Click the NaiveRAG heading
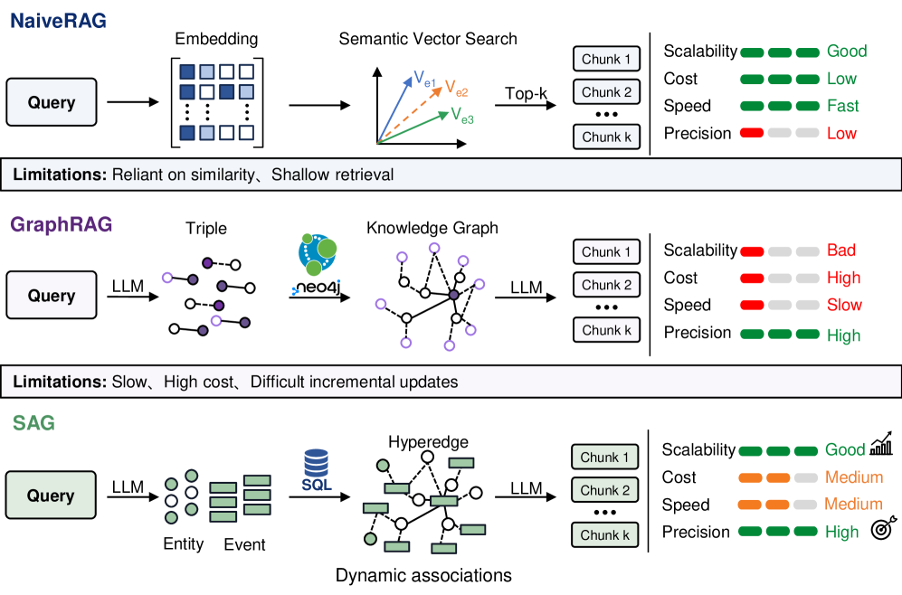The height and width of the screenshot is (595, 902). pyautogui.click(x=58, y=21)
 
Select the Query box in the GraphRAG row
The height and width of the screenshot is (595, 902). pyautogui.click(x=52, y=295)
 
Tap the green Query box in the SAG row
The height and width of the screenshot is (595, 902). pyautogui.click(x=51, y=495)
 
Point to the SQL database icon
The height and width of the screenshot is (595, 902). pyautogui.click(x=316, y=470)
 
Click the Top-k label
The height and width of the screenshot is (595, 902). pyautogui.click(x=526, y=93)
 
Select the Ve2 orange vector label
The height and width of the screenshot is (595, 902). pyautogui.click(x=456, y=89)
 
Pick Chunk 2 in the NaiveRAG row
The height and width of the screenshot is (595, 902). pyautogui.click(x=606, y=92)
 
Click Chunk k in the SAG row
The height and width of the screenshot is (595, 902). pyautogui.click(x=604, y=534)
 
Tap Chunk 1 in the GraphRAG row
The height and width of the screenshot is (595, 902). pyautogui.click(x=606, y=251)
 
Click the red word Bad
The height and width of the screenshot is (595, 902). pyautogui.click(x=841, y=250)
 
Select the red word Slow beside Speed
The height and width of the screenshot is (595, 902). pyautogui.click(x=844, y=305)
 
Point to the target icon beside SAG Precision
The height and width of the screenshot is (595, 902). pyautogui.click(x=884, y=527)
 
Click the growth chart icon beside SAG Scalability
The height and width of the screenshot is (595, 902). pyautogui.click(x=881, y=443)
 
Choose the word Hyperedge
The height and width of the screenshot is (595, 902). pyautogui.click(x=428, y=442)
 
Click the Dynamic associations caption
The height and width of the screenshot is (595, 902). pyautogui.click(x=423, y=575)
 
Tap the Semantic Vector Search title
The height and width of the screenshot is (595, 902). pyautogui.click(x=428, y=39)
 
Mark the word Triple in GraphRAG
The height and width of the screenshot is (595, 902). pyautogui.click(x=206, y=228)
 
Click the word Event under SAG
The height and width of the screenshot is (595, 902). pyautogui.click(x=244, y=544)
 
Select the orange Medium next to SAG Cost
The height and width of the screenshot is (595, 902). pyautogui.click(x=854, y=477)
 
